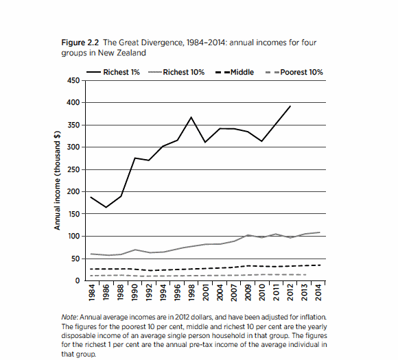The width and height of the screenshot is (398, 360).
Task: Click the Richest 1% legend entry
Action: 113,72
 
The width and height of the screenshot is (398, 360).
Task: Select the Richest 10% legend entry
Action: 176,72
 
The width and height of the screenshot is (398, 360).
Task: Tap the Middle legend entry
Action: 235,72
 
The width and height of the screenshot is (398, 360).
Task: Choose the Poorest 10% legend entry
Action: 294,72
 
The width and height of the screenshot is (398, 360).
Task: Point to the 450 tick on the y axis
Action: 73,81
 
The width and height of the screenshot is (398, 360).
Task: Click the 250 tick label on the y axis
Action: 73,169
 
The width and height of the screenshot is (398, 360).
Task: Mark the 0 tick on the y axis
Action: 78,280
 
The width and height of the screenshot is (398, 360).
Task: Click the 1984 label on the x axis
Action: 92,293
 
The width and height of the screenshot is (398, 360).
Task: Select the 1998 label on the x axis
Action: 191,293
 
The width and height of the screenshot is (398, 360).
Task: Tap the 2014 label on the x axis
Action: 318,293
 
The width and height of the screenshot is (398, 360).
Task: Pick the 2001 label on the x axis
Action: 206,293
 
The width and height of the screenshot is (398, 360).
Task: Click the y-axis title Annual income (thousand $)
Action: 58,180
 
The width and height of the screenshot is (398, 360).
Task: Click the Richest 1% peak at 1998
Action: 191,117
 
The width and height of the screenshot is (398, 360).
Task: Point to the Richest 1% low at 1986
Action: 106,207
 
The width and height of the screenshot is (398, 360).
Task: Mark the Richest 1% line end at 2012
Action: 290,106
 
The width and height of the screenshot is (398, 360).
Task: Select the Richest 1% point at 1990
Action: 134,158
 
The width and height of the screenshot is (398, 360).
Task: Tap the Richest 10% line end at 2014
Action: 319,232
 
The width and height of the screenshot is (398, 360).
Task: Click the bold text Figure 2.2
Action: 80,43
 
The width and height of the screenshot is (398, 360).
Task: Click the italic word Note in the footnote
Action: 69,317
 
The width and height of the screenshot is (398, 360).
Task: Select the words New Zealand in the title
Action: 122,53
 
